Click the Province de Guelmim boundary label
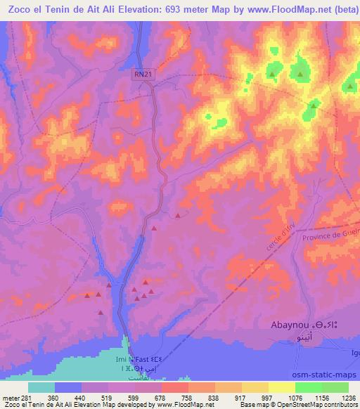pyautogui.click(x=330, y=236)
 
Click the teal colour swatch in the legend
pyautogui.click(x=41, y=387)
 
